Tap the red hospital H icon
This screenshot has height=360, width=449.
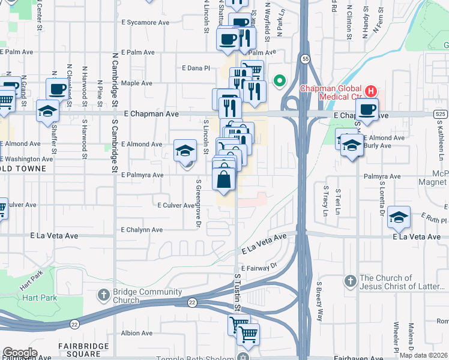pos(372,91)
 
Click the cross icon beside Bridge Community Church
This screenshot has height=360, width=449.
pos(103,295)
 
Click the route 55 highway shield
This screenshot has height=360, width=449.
pos(306,59)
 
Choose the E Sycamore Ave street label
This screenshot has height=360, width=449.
pos(145,23)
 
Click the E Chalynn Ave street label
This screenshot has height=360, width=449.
pos(142,230)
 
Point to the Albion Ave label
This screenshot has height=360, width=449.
pos(137,333)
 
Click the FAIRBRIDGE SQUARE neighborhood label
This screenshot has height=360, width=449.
pos(83,350)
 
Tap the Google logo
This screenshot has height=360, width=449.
pos(20,353)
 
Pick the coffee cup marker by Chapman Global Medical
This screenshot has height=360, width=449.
pos(367,109)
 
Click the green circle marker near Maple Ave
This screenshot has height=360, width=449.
pos(279,80)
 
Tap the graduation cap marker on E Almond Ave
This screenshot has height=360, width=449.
pos(185,151)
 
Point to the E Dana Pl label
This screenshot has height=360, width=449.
pos(196,68)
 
